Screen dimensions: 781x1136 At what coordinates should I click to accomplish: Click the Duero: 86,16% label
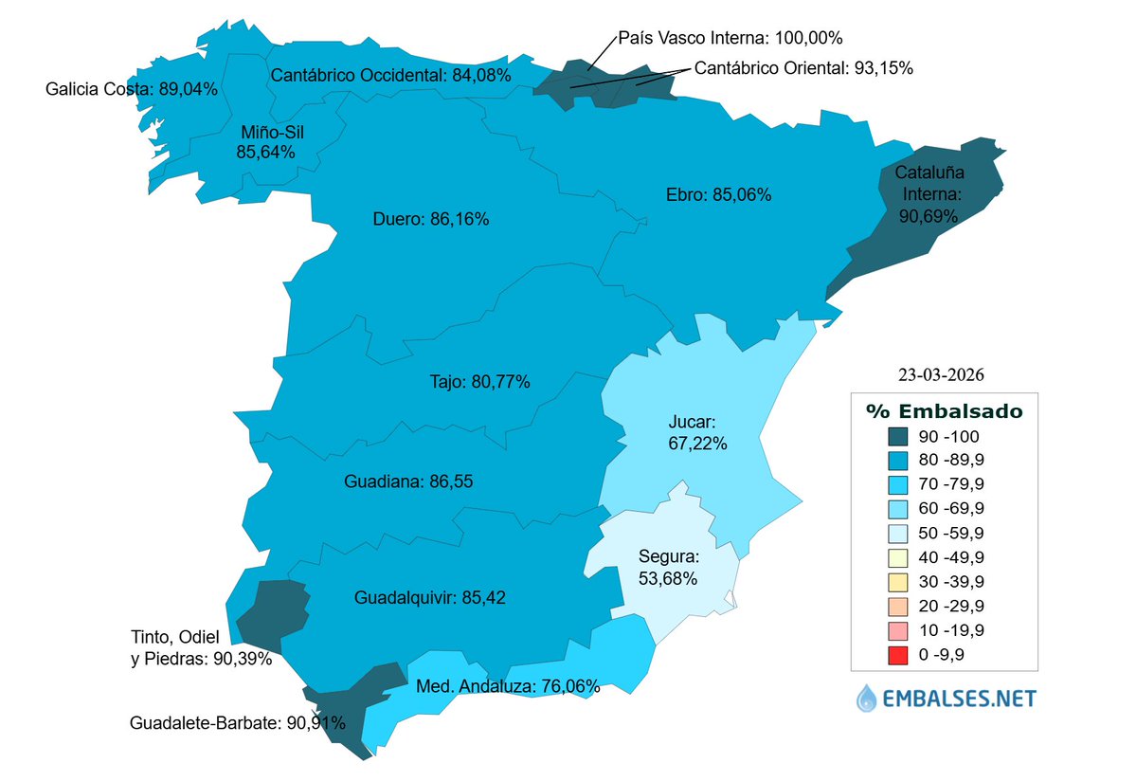[431, 219]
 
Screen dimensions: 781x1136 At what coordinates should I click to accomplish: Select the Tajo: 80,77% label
[475, 382]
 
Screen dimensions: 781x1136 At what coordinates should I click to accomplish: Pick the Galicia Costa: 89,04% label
[132, 90]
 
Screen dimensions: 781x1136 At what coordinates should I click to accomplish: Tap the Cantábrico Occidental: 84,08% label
[390, 74]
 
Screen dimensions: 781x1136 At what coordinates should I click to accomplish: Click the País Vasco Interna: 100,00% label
[730, 39]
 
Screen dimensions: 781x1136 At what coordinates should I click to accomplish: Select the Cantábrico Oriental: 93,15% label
[803, 68]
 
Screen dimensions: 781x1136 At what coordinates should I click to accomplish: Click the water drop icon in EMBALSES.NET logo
[867, 699]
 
